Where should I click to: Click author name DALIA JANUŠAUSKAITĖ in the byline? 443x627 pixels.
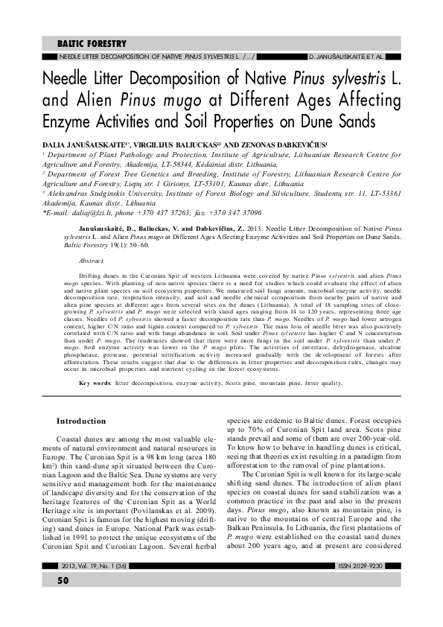(x=93, y=139)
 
